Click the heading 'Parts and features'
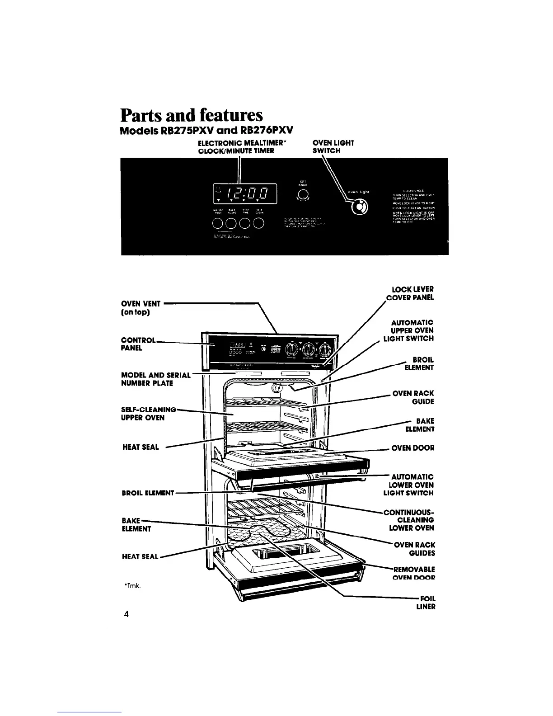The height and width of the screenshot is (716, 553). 191,115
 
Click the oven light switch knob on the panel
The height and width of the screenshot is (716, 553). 360,207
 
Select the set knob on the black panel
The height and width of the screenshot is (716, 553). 304,195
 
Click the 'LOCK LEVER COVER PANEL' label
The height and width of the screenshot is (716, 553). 412,293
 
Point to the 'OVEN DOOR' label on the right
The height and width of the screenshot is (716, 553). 412,448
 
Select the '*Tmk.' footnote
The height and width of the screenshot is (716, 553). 132,586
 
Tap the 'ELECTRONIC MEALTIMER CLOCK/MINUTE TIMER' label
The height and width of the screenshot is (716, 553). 239,147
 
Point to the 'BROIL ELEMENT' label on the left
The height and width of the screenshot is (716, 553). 148,493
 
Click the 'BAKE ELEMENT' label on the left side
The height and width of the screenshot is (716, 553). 136,524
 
